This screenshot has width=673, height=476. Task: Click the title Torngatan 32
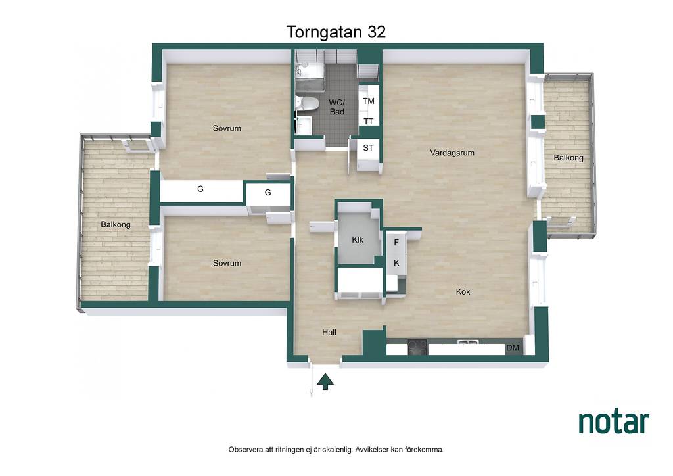(336, 32)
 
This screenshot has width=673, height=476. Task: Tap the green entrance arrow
(325, 381)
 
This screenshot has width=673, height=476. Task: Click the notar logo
(614, 422)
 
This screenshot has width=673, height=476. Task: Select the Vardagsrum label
(452, 153)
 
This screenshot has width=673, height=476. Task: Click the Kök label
(463, 291)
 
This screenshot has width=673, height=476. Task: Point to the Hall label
(329, 332)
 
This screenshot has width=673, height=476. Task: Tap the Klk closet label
(358, 239)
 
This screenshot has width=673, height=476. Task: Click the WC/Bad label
(337, 107)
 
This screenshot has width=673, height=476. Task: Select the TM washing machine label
(368, 101)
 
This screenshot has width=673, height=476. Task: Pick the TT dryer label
(368, 122)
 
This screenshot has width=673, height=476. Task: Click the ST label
(368, 148)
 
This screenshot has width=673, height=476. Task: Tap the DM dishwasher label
(513, 348)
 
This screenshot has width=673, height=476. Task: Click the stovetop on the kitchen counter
(417, 346)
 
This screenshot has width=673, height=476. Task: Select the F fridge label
(396, 243)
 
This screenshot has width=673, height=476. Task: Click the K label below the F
(396, 263)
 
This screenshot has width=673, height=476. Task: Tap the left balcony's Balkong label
(116, 224)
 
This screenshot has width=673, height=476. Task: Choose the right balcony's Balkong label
(569, 158)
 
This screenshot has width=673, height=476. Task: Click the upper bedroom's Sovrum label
(227, 128)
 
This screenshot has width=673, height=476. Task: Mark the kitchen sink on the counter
(468, 343)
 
